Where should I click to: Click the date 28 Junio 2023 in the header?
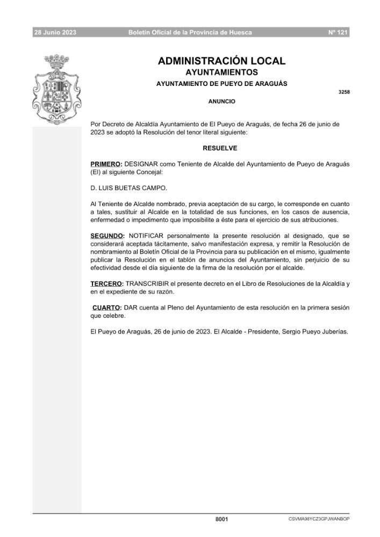pos(55,33)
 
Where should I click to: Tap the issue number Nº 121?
pos(338,33)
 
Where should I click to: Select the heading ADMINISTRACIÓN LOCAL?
pos(221,61)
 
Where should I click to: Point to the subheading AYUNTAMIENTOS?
pos(221,72)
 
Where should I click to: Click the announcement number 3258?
pos(344,92)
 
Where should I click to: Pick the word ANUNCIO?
pos(221,101)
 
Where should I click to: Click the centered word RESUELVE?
pos(220,148)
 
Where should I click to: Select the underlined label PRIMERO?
pos(106,163)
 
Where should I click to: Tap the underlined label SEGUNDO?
pos(107,235)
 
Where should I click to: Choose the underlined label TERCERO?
pos(106,284)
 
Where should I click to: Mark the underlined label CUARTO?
pos(106,307)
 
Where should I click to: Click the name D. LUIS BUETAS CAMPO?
pos(129,187)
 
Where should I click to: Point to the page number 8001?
pos(221,519)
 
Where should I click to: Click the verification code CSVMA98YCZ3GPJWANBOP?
pos(319,519)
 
